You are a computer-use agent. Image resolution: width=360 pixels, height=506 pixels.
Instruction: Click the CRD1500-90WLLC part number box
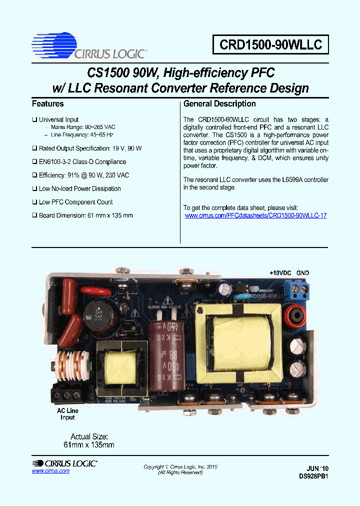point(270,45)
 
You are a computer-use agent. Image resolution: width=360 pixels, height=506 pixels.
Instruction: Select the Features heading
point(47,104)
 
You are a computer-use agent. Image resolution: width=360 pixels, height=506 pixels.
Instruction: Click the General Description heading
point(219,104)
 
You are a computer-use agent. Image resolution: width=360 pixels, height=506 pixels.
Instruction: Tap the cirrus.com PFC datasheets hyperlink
point(255,215)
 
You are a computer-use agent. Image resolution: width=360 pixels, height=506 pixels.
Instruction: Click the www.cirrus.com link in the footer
point(50,471)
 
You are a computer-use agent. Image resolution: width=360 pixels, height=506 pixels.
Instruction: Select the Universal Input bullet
point(58,120)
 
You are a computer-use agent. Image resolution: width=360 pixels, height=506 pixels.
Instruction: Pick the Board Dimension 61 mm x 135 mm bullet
point(85,215)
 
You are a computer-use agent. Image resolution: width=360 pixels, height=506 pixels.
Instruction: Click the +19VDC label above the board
point(280,273)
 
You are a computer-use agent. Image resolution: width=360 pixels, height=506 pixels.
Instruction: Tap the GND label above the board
point(302,273)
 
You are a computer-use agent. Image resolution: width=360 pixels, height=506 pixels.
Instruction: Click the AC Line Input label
point(67,414)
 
